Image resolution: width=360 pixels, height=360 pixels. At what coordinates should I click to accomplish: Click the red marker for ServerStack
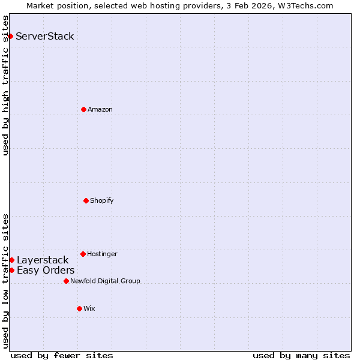pos(10,36)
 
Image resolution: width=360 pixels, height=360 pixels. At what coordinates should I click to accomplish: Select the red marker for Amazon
pos(83,109)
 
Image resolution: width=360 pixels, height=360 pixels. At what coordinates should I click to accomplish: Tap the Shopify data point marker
pos(86,200)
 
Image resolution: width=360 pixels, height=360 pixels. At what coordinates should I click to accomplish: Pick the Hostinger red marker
pos(83,254)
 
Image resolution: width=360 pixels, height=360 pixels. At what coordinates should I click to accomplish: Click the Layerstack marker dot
pos(11,260)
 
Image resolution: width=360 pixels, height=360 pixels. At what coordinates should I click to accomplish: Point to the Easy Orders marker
pos(11,270)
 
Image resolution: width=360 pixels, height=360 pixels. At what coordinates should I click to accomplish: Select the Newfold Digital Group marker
pos(66,281)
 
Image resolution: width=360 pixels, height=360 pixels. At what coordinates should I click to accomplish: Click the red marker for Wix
pos(79,308)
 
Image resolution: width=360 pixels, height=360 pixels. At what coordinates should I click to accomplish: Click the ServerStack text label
pos(45,36)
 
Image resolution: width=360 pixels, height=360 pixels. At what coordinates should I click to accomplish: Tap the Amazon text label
pos(100,109)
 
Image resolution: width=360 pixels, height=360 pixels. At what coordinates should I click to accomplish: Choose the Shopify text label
pos(102,200)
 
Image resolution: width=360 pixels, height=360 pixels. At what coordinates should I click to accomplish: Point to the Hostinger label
pos(102,254)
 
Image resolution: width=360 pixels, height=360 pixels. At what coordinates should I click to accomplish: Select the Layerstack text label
pos(43,260)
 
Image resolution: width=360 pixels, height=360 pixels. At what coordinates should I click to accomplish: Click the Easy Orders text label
pos(46,270)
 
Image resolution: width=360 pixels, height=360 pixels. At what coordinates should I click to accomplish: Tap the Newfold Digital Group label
pos(105,281)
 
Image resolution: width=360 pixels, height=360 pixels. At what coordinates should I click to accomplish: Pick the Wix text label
pos(89,308)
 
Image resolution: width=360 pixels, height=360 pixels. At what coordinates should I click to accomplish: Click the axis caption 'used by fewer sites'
pos(62,355)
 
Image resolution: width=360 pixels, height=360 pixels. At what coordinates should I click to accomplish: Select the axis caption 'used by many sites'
pos(301,355)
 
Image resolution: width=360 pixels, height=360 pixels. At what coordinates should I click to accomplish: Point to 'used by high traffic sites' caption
pos(5,85)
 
